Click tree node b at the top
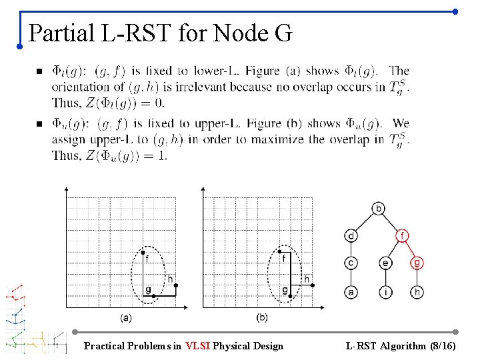[x=378, y=209]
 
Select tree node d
[x=351, y=235]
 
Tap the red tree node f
[x=402, y=235]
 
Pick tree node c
[x=351, y=263]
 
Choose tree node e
[x=386, y=263]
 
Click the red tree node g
[x=418, y=263]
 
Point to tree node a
[x=351, y=291]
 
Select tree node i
[x=386, y=291]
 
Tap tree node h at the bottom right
[x=418, y=291]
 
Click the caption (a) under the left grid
[x=125, y=318]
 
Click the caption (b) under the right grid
[x=262, y=317]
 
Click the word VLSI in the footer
[x=198, y=346]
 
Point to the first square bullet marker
[x=39, y=71]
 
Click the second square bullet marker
[x=39, y=124]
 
